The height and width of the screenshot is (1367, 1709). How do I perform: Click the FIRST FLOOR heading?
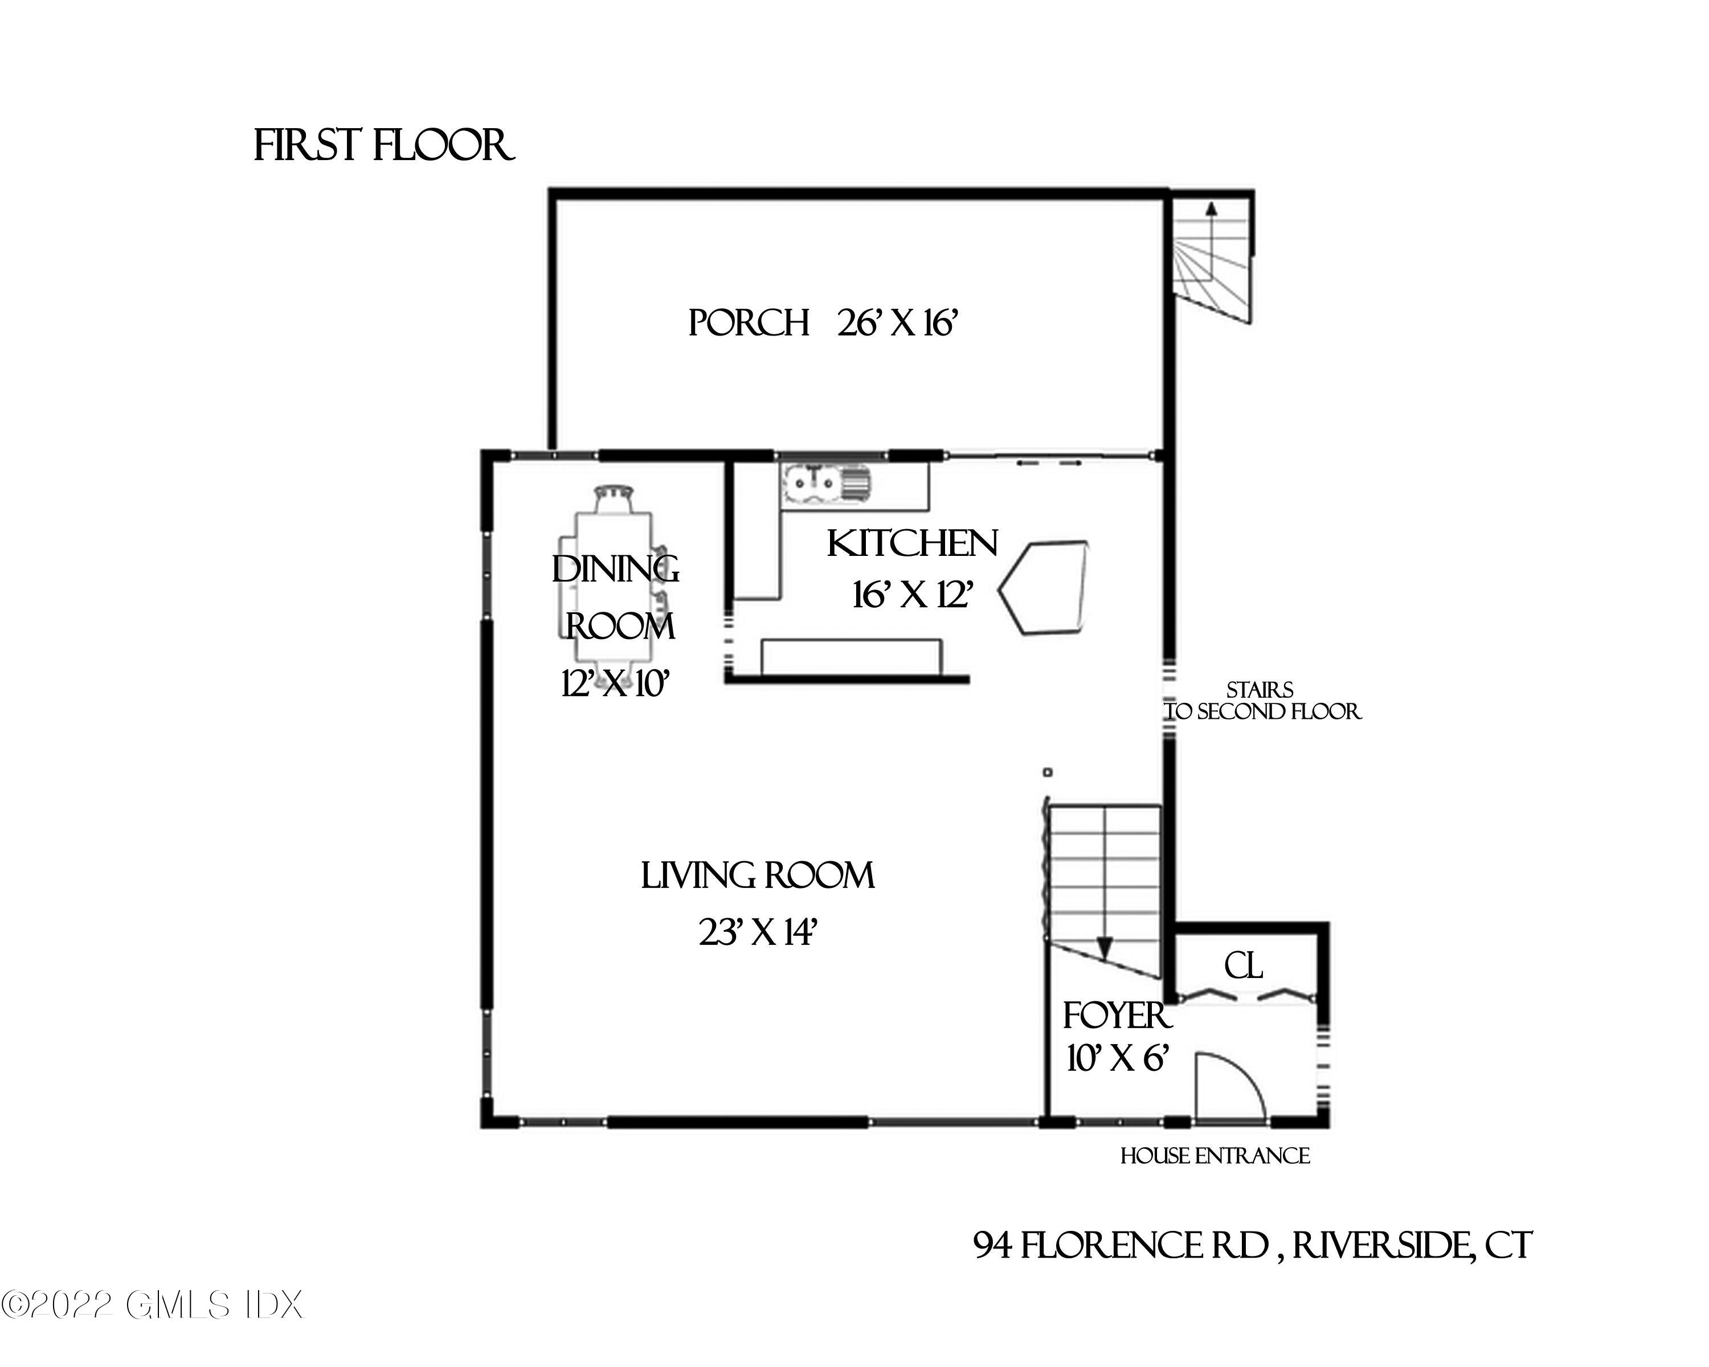click(x=383, y=146)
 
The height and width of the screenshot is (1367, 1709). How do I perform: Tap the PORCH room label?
click(x=747, y=324)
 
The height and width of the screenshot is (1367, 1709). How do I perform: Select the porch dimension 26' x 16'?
click(x=898, y=324)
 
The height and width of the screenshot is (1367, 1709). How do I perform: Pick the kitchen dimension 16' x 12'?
click(x=911, y=595)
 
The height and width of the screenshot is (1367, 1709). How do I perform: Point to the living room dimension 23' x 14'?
click(x=757, y=933)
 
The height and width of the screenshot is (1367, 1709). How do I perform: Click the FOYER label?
click(x=1116, y=1016)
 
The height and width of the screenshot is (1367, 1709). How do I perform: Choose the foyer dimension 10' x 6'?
click(x=1118, y=1058)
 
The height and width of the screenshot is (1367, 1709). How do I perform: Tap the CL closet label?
click(x=1243, y=966)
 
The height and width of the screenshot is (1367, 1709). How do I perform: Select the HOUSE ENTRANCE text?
click(x=1215, y=1156)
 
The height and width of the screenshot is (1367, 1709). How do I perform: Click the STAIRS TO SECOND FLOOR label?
click(x=1262, y=701)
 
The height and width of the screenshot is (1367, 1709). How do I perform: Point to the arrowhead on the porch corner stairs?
click(x=1211, y=209)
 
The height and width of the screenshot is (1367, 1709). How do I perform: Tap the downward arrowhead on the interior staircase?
click(x=1105, y=948)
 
